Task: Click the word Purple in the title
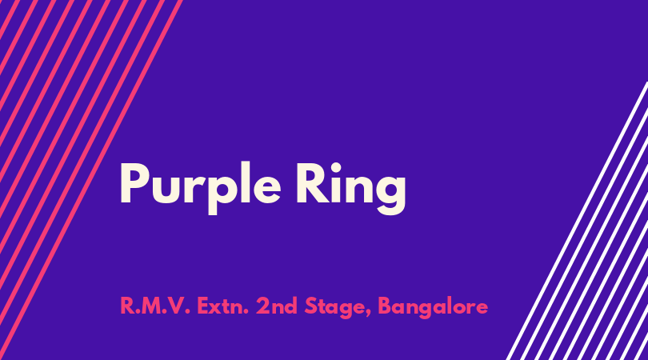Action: [201, 188]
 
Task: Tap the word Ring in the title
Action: [351, 188]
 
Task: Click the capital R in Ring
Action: [312, 183]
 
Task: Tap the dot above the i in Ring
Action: [336, 168]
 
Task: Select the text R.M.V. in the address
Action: [155, 306]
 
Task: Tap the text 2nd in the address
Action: [277, 306]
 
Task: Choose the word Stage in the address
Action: [335, 308]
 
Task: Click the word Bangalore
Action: [433, 308]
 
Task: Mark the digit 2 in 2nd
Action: [262, 306]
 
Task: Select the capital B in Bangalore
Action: [385, 306]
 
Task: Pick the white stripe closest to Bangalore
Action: [578, 221]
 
